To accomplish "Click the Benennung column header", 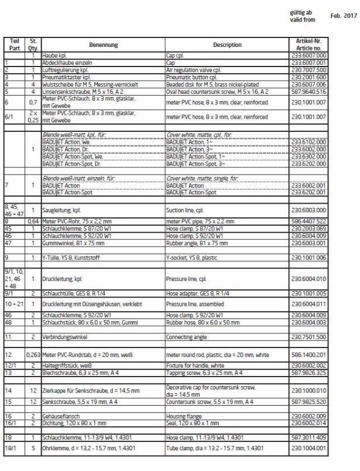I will pyautogui.click(x=103, y=45).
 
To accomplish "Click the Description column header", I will pyautogui.click(x=227, y=45).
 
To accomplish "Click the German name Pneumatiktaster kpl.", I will pyautogui.click(x=68, y=77).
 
